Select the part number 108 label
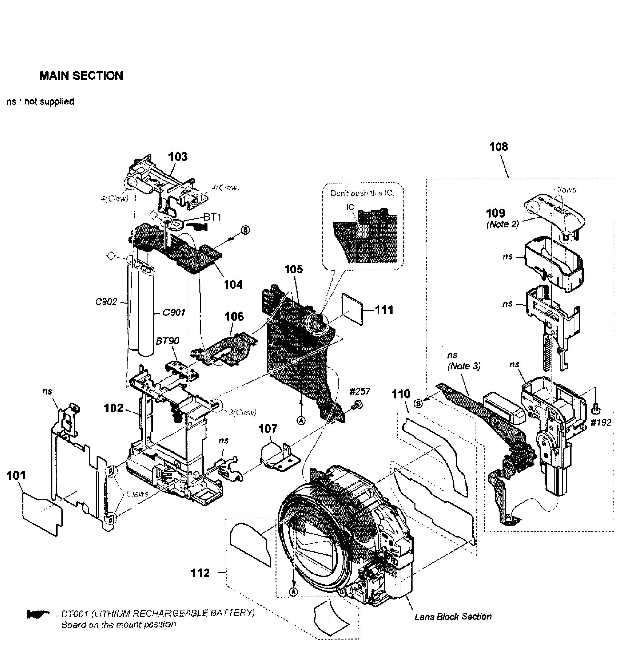click(x=499, y=147)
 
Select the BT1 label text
click(x=212, y=217)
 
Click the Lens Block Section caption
click(x=453, y=617)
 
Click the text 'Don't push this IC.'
click(x=362, y=193)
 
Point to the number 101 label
click(x=16, y=476)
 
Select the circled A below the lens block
click(x=294, y=592)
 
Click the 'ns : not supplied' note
click(x=40, y=102)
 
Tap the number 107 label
click(x=268, y=429)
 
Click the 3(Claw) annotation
click(x=242, y=412)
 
